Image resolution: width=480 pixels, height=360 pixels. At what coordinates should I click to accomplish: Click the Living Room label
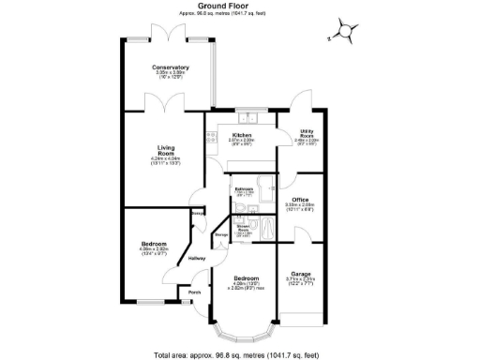click(x=170, y=149)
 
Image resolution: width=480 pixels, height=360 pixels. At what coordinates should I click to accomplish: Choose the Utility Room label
click(x=306, y=134)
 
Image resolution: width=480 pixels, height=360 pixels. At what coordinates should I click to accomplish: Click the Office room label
click(x=300, y=200)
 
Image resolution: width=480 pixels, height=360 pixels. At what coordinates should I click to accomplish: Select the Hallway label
click(x=197, y=258)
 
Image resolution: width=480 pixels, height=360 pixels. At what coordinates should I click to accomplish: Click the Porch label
click(x=195, y=292)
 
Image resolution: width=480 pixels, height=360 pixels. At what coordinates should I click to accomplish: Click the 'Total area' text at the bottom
click(x=239, y=354)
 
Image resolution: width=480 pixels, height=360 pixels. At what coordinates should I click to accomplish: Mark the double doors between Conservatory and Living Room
click(x=160, y=111)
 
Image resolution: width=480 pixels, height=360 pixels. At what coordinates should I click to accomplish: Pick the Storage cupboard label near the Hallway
click(x=222, y=234)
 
